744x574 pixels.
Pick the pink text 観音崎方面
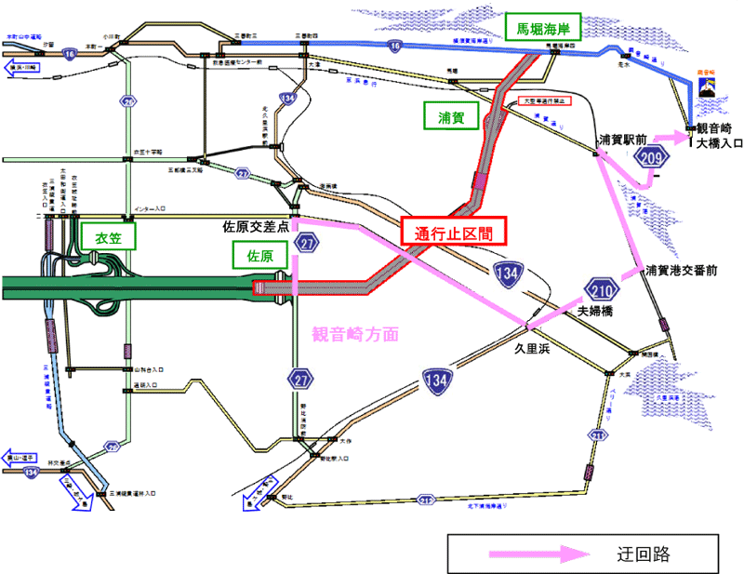pos(354,333)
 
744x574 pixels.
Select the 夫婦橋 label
pos(594,311)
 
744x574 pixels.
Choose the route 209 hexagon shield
pos(654,159)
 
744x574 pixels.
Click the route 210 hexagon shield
pos(602,287)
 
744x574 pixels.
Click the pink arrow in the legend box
pos(539,554)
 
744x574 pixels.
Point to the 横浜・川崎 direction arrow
pos(21,68)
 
